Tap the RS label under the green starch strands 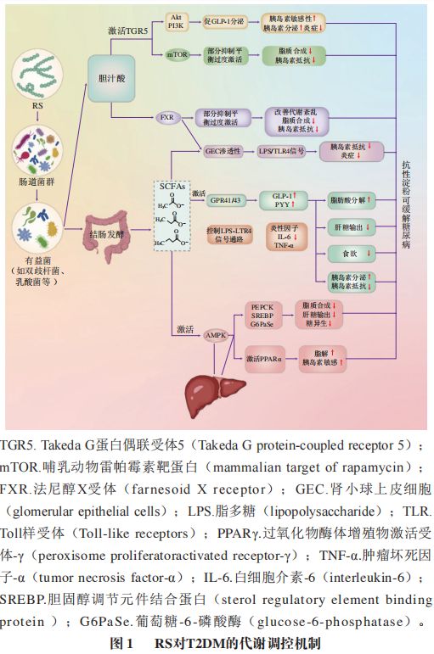[x=37, y=106]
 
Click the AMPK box [x=217, y=336]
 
